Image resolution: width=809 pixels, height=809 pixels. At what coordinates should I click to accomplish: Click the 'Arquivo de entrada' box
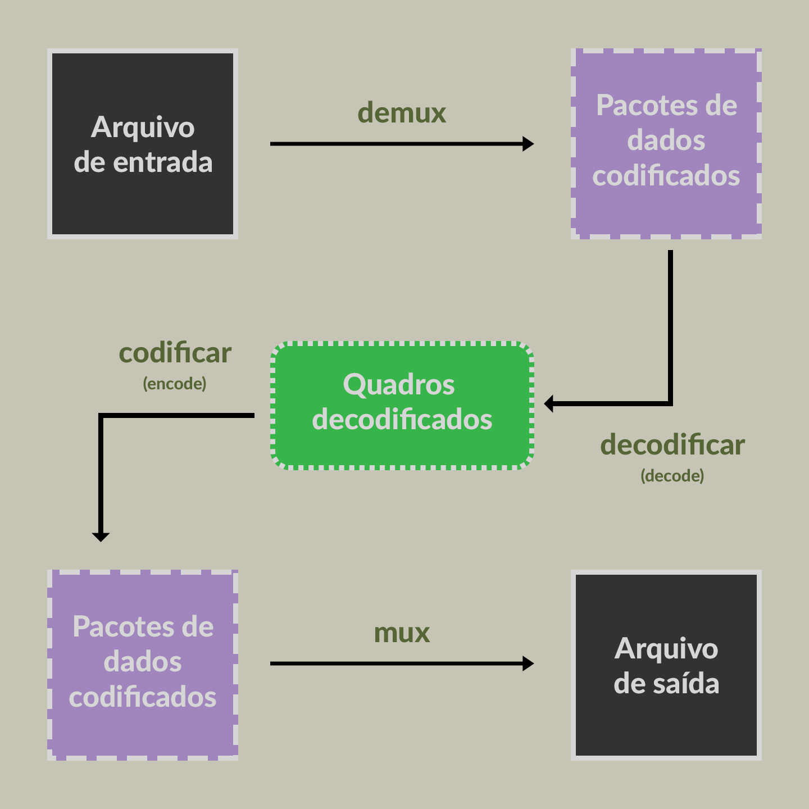tap(143, 144)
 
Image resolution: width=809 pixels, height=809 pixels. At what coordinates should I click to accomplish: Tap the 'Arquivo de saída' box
tap(666, 665)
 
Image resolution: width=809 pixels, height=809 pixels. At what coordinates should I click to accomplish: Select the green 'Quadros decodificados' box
tap(402, 404)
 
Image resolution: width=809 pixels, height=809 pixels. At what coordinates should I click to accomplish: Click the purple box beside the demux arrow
tap(666, 144)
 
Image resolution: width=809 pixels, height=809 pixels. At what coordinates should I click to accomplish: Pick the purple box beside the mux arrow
tap(143, 665)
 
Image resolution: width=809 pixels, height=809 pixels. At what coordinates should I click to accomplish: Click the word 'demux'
tap(402, 113)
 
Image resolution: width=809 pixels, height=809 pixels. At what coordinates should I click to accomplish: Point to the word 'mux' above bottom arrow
tap(402, 633)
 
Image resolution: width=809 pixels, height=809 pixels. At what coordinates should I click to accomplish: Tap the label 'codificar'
tap(175, 353)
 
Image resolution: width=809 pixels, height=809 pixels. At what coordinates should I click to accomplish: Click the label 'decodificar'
tap(672, 445)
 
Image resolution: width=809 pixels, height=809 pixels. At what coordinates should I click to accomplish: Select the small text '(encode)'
tap(175, 384)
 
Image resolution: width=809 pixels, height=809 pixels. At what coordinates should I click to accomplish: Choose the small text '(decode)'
tap(672, 476)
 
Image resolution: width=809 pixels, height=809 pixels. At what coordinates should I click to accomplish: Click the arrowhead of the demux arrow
tap(528, 144)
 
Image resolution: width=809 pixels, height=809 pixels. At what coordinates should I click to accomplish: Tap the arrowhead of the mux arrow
tap(528, 663)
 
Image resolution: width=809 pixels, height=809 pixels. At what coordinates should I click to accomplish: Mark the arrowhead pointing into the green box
tap(549, 403)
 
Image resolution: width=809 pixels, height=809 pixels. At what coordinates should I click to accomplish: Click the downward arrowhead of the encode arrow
tap(101, 537)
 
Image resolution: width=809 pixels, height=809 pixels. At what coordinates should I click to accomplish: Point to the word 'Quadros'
tap(399, 385)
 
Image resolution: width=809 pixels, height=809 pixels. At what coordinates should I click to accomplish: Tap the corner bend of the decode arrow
tap(670, 403)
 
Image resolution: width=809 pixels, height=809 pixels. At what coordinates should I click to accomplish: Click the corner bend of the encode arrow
tap(101, 416)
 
